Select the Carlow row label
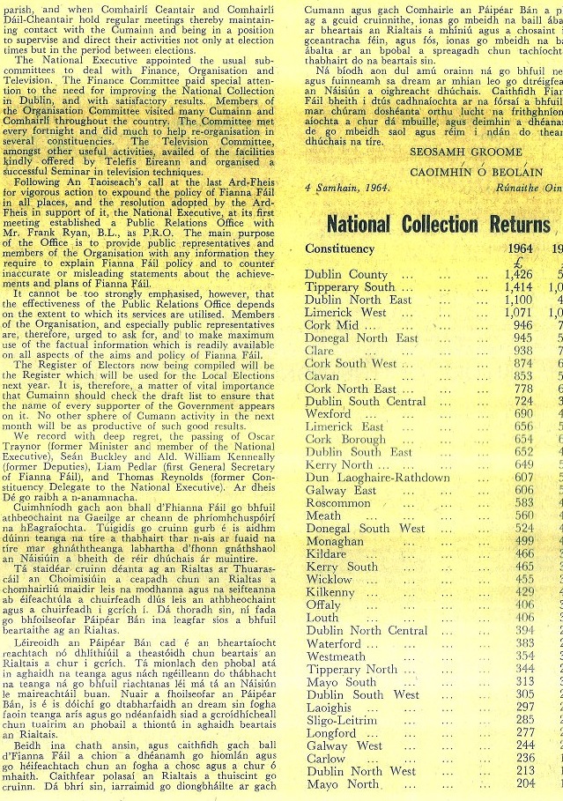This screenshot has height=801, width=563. (325, 758)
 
